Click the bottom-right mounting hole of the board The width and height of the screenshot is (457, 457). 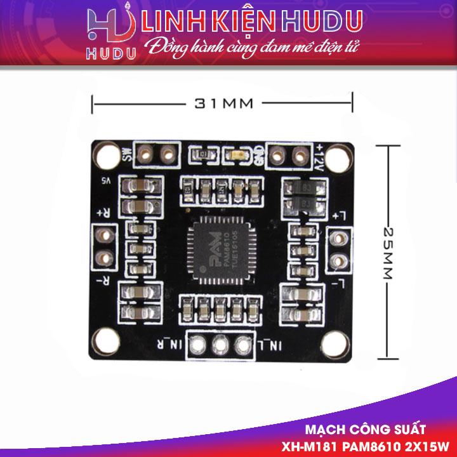point(334,345)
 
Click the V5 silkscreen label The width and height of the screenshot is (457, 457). point(106,180)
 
